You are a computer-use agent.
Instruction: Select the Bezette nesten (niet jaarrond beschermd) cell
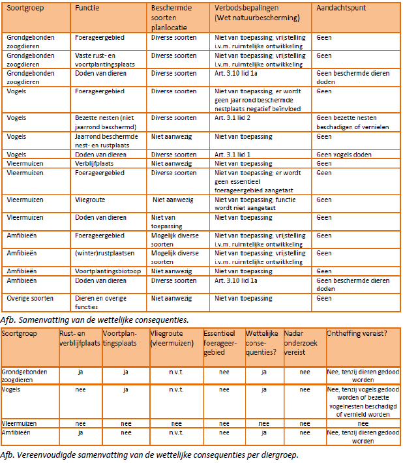pyautogui.click(x=104, y=122)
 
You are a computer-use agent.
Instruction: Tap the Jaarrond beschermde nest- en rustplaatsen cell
pyautogui.click(x=105, y=140)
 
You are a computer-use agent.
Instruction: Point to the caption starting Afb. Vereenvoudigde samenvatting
pyautogui.click(x=151, y=455)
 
